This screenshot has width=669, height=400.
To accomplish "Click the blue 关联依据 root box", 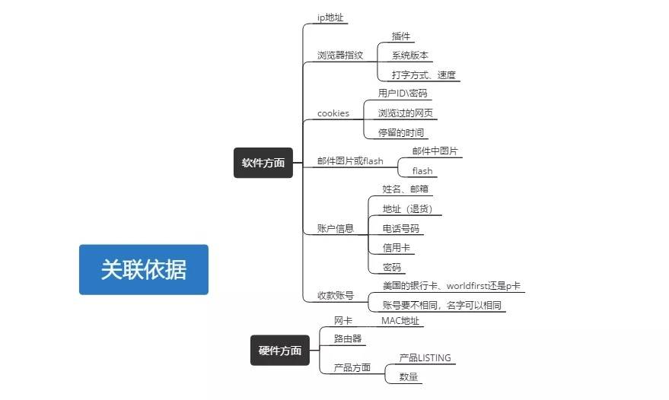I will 143,269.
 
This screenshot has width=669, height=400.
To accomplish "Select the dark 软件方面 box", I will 263,163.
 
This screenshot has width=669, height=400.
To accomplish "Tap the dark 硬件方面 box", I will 279,351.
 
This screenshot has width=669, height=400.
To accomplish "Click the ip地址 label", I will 332,17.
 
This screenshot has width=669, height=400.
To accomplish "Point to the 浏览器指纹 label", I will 340,56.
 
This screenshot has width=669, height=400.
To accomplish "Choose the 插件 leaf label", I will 401,36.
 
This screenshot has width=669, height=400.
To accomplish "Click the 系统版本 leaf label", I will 410,56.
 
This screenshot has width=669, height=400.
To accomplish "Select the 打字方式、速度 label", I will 423,75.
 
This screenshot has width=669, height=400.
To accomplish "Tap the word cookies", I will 333,113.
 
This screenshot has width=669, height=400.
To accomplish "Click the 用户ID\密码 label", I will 403,94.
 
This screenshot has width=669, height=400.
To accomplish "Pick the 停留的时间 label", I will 401,132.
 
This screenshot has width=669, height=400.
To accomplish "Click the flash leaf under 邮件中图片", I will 422,171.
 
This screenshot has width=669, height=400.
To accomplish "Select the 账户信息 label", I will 336,227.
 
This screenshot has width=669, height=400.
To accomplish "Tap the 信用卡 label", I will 397,247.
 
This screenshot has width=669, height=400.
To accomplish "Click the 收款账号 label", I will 336,295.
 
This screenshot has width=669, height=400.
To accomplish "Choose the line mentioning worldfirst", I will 451,286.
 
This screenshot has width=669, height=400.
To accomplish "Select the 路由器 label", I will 348,338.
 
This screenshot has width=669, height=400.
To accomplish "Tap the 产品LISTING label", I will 425,357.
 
